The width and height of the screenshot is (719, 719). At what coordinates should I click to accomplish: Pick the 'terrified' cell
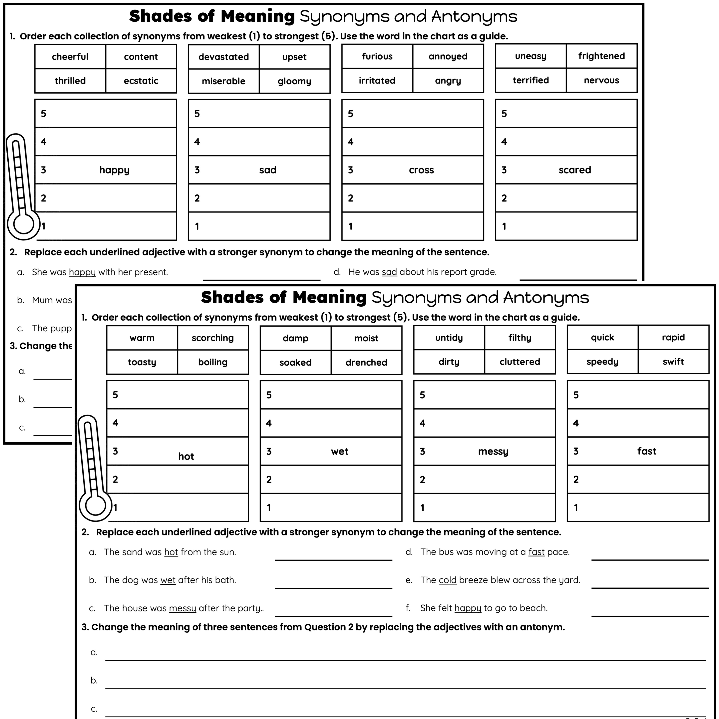[x=530, y=80]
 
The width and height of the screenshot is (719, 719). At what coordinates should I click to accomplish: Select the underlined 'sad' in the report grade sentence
[x=389, y=272]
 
